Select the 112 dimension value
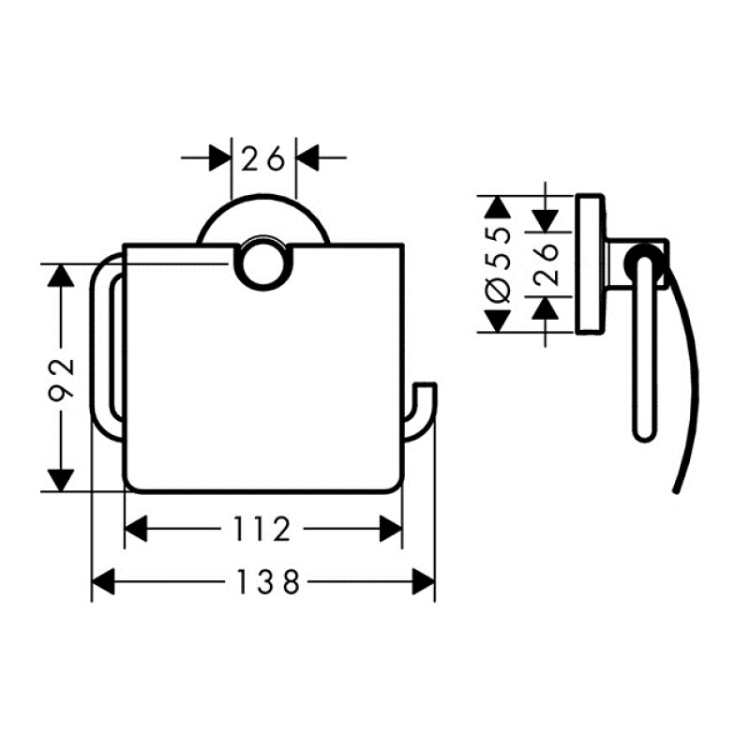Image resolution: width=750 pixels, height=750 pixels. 263,531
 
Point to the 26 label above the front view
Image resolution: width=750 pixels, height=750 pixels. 263,158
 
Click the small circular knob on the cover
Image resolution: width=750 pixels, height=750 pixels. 260,265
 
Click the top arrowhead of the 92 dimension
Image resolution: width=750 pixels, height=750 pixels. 62,277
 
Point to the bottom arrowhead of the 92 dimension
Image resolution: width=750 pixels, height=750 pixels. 62,479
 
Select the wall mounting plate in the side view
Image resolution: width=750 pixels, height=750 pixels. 590,263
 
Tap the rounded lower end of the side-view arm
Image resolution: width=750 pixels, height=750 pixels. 643,432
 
